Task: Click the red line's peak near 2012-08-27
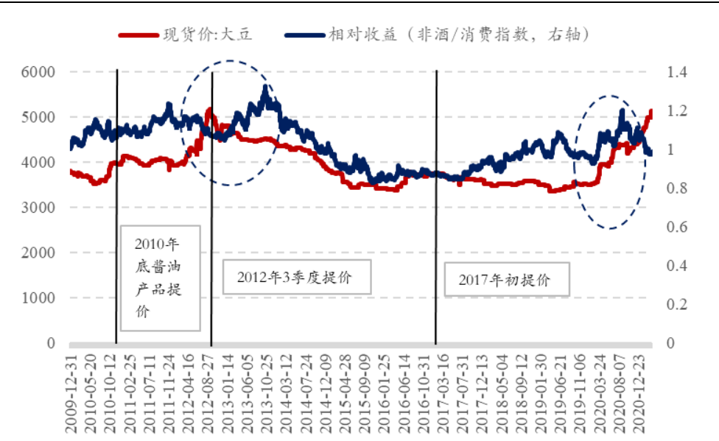click(209, 110)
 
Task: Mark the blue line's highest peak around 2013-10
click(266, 88)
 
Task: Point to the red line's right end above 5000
click(650, 112)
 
